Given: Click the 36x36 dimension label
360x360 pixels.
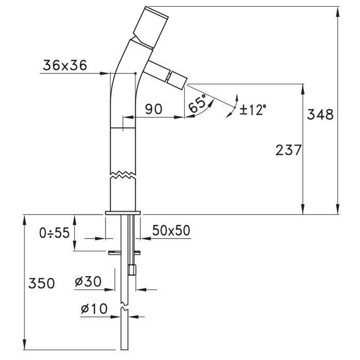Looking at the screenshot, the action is click(x=65, y=65).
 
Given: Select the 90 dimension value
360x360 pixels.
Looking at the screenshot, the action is click(x=154, y=109).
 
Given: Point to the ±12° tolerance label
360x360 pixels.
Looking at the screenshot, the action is click(x=253, y=110).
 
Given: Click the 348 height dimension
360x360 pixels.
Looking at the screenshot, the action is click(x=320, y=114).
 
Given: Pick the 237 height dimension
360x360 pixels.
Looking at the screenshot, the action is click(x=289, y=150).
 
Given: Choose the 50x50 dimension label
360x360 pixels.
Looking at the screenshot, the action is click(x=171, y=230).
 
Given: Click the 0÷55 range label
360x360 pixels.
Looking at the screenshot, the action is click(x=55, y=233).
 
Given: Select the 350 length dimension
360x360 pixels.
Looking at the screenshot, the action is click(x=42, y=283).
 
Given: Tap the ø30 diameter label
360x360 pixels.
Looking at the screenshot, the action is click(x=88, y=281).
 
